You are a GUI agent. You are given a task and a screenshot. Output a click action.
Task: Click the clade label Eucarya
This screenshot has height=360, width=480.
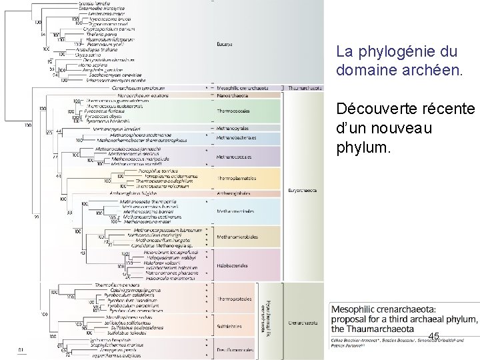tap(224, 45)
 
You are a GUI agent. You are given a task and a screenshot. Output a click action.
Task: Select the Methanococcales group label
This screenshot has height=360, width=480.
tap(233, 157)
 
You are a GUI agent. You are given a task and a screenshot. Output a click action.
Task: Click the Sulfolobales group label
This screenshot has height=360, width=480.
tap(229, 327)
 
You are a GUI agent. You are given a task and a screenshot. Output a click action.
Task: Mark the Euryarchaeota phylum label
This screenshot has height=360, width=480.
tap(304, 190)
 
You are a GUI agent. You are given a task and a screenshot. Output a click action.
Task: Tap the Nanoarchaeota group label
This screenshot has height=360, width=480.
tap(231, 95)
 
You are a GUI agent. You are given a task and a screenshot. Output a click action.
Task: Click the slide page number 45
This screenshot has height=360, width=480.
tap(434, 336)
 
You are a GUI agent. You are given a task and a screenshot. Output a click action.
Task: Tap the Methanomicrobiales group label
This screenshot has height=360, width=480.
tap(235, 236)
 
